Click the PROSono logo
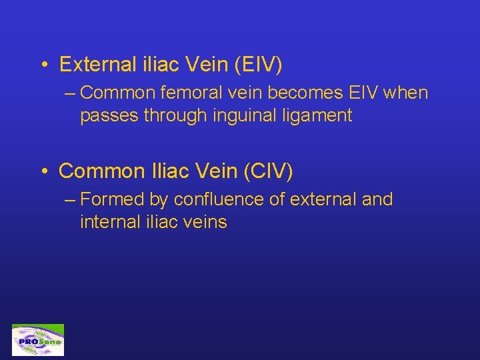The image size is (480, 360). [x=38, y=340]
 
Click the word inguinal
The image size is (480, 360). [x=249, y=115]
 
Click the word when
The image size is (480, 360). [x=406, y=93]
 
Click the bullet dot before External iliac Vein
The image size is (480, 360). [x=43, y=65]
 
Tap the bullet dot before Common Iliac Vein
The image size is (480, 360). [x=43, y=172]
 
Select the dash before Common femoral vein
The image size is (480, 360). [x=70, y=93]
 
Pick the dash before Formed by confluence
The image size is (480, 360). [x=70, y=199]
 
